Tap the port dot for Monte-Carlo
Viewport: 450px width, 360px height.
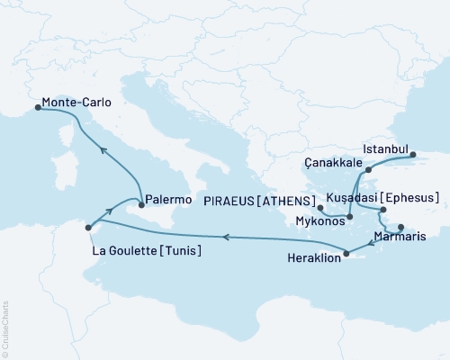click(37, 107)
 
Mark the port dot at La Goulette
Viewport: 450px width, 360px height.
click(87, 228)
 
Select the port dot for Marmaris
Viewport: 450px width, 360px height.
click(401, 227)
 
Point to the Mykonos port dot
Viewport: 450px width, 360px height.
click(320, 209)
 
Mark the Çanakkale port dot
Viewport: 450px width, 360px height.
click(368, 169)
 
